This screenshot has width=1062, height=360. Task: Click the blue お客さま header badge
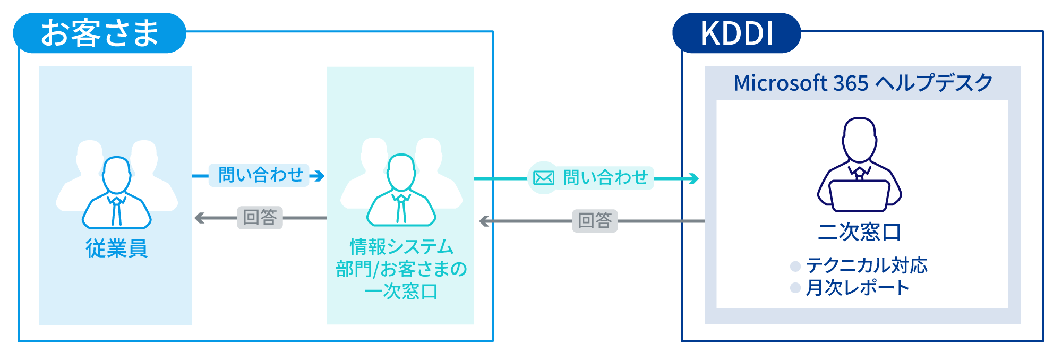(100, 33)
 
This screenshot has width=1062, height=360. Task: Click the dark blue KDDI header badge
(736, 33)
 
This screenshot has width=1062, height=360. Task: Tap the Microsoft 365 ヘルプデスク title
(863, 83)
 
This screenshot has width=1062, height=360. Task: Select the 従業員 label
(116, 248)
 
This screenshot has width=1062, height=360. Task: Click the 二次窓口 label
(859, 232)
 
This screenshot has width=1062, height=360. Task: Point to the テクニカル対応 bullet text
(866, 265)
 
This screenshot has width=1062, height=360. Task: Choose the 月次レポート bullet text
(857, 288)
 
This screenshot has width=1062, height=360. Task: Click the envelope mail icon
(543, 177)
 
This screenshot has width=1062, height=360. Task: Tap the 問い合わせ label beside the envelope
(605, 177)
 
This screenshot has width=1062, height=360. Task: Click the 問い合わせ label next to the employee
(261, 175)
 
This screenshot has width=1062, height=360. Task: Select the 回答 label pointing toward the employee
(260, 217)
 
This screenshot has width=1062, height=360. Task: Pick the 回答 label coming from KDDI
(595, 220)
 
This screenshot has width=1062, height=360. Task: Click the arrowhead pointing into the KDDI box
(692, 179)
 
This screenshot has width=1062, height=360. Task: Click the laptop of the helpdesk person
(859, 195)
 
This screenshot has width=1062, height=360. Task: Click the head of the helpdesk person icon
(859, 139)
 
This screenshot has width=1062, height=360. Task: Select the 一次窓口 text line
(401, 292)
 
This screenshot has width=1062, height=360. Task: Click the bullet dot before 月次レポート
(795, 288)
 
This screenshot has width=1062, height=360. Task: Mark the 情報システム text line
(401, 247)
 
